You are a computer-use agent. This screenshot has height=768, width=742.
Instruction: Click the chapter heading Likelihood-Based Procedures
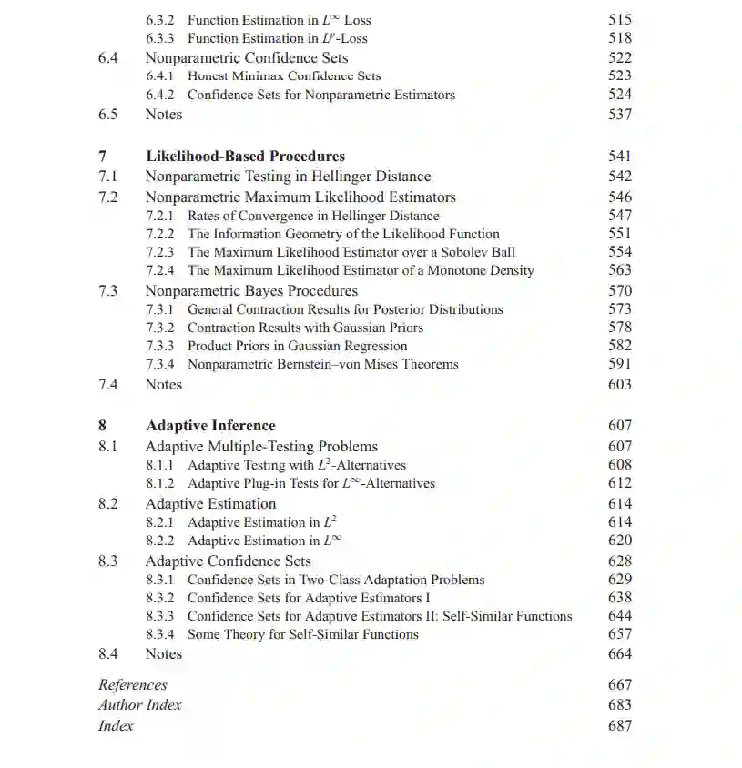[x=245, y=156]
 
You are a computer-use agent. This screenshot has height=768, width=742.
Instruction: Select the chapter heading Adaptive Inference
[x=210, y=425]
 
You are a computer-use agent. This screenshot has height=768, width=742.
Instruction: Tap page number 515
[x=619, y=19]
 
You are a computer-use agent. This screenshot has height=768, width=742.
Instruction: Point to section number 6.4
[x=108, y=57]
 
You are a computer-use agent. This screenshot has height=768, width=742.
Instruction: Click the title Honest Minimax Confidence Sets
[x=284, y=76]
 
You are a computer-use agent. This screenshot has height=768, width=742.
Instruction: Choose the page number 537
[x=619, y=114]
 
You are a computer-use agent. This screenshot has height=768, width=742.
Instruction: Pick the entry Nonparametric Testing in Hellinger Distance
[x=288, y=176]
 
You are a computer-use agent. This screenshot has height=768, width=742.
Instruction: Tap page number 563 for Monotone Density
[x=619, y=269]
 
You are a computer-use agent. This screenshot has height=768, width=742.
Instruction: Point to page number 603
[x=619, y=384]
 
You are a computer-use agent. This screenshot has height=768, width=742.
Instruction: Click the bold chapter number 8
[x=102, y=425]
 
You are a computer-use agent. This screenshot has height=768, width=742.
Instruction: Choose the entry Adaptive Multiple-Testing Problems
[x=261, y=446]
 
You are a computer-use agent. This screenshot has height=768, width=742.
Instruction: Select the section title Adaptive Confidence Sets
[x=228, y=561]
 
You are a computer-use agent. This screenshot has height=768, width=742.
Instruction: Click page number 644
[x=619, y=616]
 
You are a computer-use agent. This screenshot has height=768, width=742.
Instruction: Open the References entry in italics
[x=133, y=684]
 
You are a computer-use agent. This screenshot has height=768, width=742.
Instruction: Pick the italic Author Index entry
[x=140, y=704]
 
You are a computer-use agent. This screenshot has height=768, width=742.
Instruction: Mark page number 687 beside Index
[x=619, y=725]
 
